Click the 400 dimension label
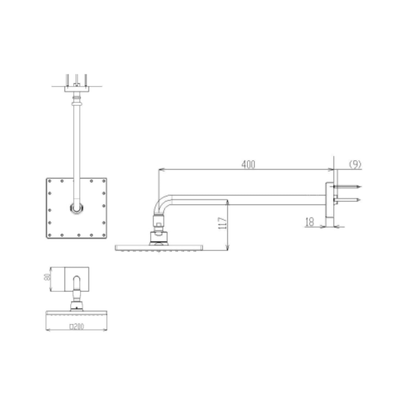click(x=248, y=164)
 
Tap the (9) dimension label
click(x=355, y=164)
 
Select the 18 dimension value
click(x=309, y=222)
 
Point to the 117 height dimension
click(x=222, y=223)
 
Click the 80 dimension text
click(x=47, y=277)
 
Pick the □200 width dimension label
click(x=77, y=326)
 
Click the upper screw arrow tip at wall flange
click(x=361, y=186)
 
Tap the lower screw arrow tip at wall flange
click(x=359, y=200)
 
